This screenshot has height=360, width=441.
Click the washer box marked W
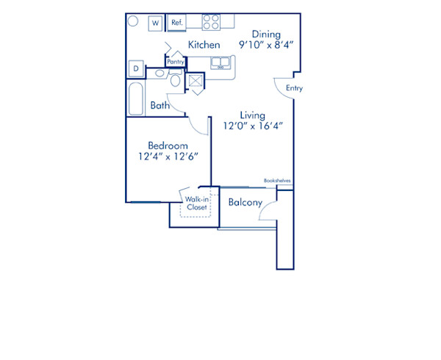(x=156, y=24)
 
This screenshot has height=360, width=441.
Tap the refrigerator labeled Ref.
(x=176, y=23)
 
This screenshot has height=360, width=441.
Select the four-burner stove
(x=211, y=22)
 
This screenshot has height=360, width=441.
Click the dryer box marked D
(x=136, y=69)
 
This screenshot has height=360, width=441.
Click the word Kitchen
(x=204, y=46)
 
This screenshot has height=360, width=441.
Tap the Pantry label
(x=176, y=62)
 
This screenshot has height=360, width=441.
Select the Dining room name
(x=265, y=34)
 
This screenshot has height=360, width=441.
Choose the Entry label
(x=294, y=89)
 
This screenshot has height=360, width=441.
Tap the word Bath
(x=160, y=106)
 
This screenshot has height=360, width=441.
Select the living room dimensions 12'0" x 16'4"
(x=252, y=126)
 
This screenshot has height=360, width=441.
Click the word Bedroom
(x=168, y=145)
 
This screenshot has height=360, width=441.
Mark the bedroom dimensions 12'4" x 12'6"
(x=168, y=156)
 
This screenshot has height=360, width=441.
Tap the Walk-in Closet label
(x=196, y=204)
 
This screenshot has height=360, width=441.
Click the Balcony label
(x=245, y=203)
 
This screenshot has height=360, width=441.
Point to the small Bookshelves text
(x=279, y=180)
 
